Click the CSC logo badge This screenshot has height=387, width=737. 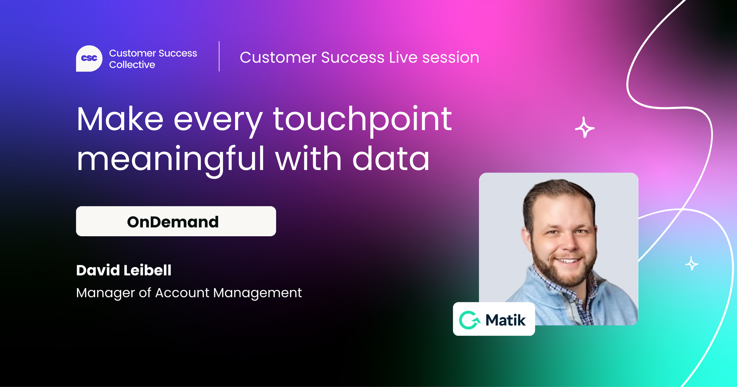(x=89, y=58)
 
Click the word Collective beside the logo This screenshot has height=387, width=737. (x=132, y=64)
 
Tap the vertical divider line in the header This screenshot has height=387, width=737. (x=219, y=56)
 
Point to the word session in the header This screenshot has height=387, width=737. (x=451, y=57)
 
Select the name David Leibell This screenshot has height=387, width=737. (x=124, y=270)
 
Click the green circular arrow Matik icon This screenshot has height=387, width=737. (x=469, y=320)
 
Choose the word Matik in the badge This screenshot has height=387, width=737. (x=506, y=320)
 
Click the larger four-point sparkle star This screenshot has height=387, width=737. (x=584, y=128)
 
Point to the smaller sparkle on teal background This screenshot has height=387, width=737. (x=692, y=264)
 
